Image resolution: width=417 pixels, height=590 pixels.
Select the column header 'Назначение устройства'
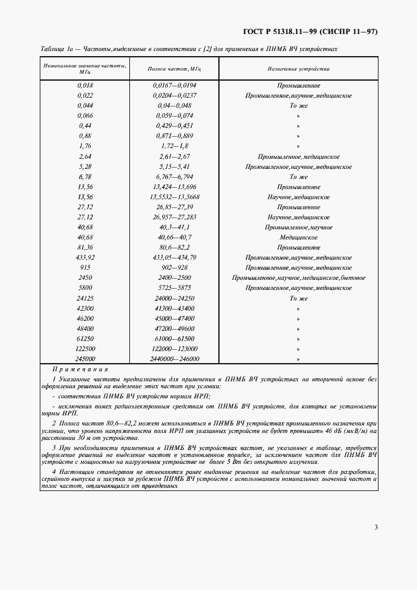point(298,69)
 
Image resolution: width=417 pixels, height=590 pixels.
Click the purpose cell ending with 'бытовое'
point(298,278)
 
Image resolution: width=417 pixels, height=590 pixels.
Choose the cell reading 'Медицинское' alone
point(298,237)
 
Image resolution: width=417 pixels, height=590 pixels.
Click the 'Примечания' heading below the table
point(80,369)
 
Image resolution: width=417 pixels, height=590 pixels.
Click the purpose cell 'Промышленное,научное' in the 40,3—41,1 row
point(298,227)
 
